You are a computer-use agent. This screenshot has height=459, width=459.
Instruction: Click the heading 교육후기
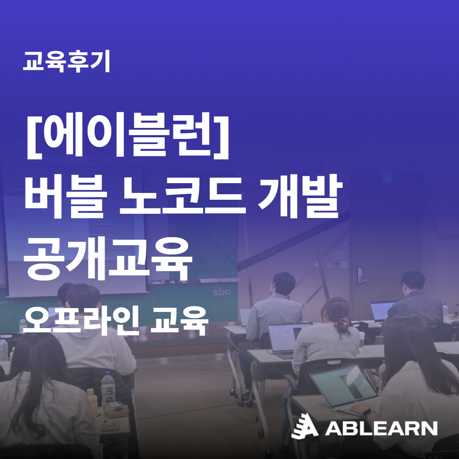[66, 61]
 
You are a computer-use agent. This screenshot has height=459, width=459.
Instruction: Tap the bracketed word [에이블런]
[127, 136]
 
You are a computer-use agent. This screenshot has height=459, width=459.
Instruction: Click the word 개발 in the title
[300, 195]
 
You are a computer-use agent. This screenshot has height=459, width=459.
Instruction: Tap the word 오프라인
[81, 321]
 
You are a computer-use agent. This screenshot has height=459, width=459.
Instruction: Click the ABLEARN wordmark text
[381, 428]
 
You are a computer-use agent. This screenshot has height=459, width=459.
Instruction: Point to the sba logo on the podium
[221, 292]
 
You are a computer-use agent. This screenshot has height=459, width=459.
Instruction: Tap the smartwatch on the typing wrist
[368, 412]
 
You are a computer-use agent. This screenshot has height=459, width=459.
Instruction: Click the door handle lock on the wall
[360, 275]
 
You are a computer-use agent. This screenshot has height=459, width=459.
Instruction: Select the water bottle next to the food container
[108, 389]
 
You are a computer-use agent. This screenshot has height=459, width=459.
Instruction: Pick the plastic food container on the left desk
[116, 409]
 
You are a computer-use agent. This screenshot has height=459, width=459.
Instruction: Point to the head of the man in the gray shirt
[283, 283]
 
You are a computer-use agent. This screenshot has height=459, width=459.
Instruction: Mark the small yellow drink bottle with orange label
[93, 403]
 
